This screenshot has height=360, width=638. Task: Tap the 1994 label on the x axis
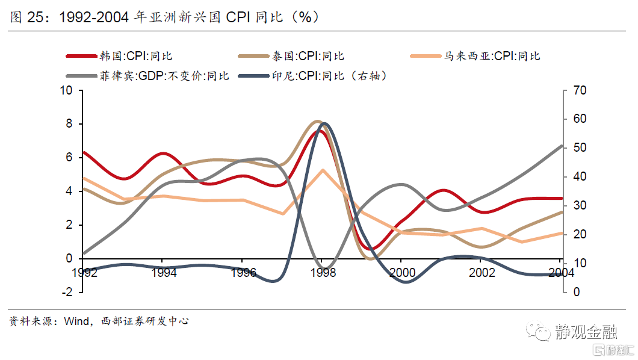click(x=163, y=273)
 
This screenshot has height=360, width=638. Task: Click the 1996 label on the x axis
click(x=243, y=273)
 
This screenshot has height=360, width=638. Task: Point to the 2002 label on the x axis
click(x=482, y=273)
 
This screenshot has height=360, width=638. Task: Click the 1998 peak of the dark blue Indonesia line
click(x=324, y=123)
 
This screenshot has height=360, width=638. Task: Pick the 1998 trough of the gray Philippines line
click(x=324, y=268)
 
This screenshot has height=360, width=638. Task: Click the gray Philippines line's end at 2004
click(x=561, y=146)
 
